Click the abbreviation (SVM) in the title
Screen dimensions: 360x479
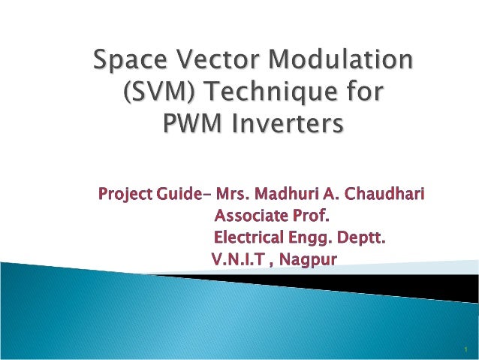click(155, 93)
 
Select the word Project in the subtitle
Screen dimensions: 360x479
click(125, 196)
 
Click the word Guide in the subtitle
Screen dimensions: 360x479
click(178, 195)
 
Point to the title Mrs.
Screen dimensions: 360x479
click(233, 195)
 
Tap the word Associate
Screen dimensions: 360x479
click(252, 217)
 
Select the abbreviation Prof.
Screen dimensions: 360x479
click(313, 217)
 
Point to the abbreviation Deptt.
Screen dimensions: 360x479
click(363, 240)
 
